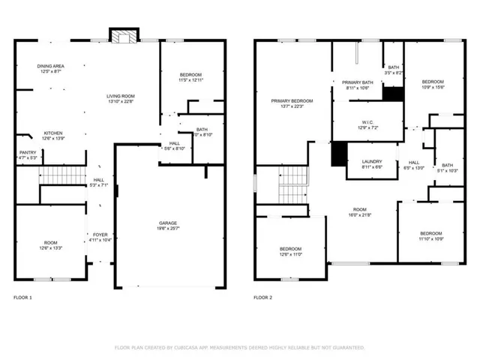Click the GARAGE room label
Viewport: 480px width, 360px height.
pyautogui.click(x=168, y=223)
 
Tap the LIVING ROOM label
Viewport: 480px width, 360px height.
pyautogui.click(x=120, y=95)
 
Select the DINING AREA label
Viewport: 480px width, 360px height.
pyautogui.click(x=50, y=66)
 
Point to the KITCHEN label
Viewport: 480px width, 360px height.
pyautogui.click(x=52, y=133)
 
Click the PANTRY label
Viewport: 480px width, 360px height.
pyautogui.click(x=28, y=152)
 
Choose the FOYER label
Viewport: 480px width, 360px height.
pyautogui.click(x=100, y=234)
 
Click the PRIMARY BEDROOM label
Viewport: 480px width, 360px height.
pyautogui.click(x=292, y=100)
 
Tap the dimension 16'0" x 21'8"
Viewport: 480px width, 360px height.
pyautogui.click(x=361, y=215)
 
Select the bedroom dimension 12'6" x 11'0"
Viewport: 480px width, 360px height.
pyautogui.click(x=290, y=254)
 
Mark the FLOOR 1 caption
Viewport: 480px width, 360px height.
pyautogui.click(x=23, y=298)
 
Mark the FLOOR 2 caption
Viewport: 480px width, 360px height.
pyautogui.click(x=262, y=298)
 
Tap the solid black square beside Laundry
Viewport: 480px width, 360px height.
pyautogui.click(x=339, y=153)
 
